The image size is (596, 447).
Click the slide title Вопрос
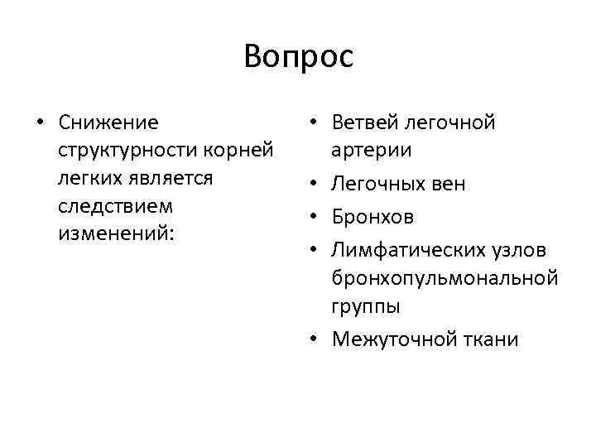pos(298,57)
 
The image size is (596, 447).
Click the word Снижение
pos(108,123)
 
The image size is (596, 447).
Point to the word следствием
pos(115,206)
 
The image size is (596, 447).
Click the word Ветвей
pos(363,123)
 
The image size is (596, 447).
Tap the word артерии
pos(372,151)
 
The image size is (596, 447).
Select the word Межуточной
pos(387,339)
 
